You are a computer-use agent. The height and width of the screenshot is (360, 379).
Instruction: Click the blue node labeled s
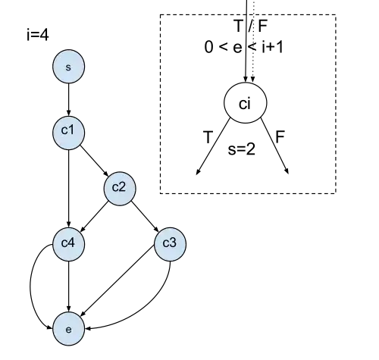coord(68,67)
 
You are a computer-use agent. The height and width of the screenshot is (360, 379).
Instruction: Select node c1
coord(68,133)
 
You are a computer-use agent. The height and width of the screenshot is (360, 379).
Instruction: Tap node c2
coord(120,189)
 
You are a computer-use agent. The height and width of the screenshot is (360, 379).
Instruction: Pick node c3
coord(171,244)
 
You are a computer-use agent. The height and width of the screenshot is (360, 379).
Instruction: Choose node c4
coord(68,244)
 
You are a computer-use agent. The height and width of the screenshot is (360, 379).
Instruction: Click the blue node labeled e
coord(68,329)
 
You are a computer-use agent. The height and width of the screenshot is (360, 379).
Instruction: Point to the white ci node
coord(245,103)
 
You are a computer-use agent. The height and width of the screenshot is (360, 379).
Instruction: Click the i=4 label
coord(38,35)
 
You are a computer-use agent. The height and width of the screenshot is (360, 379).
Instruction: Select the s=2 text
coord(241,149)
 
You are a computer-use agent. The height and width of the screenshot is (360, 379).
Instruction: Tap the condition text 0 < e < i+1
coord(244,47)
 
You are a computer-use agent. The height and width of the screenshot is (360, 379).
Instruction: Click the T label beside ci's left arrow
coord(208,137)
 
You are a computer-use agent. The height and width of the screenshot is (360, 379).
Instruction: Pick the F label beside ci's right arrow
coord(280,136)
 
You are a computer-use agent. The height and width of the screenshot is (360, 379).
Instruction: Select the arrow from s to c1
coord(68,99)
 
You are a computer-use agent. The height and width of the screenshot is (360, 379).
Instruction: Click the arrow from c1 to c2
coord(94,161)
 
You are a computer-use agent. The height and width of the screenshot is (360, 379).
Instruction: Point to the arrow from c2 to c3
coord(145,217)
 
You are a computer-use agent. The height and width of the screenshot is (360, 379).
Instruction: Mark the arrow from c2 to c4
coord(94,217)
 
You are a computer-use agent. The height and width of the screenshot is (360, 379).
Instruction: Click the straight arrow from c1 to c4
coord(68,189)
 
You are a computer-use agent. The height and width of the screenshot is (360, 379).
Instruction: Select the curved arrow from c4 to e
coord(31,286)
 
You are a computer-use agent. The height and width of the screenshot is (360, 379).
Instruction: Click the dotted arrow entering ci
coord(253,41)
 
